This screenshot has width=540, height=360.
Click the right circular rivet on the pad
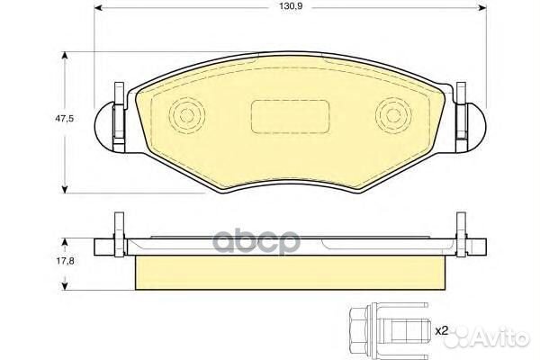[391, 115]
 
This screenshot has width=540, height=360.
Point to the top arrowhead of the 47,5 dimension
[65, 57]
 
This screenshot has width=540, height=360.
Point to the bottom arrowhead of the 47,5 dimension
[65, 186]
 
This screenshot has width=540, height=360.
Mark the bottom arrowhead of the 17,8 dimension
[65, 285]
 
